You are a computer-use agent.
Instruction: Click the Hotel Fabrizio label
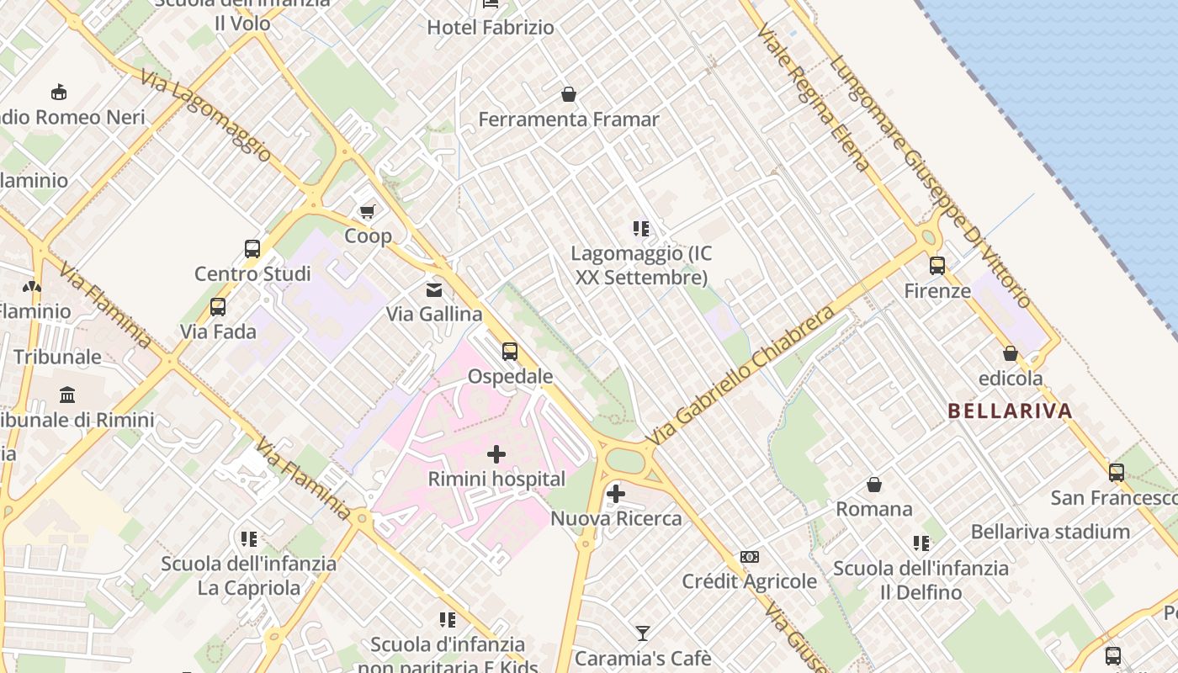click(491, 28)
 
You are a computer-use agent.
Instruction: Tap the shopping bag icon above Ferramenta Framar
click(569, 93)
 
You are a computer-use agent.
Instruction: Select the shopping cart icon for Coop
click(367, 210)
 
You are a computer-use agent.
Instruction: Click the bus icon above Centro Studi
click(252, 248)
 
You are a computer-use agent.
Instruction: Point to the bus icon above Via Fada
click(218, 307)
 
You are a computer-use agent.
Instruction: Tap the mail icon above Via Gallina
click(434, 290)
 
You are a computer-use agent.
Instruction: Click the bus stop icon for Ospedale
click(510, 351)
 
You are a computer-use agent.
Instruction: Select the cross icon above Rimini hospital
click(496, 454)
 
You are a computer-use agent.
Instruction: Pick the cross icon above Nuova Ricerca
click(616, 493)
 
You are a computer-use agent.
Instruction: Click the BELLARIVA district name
click(1010, 411)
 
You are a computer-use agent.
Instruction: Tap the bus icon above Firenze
click(937, 266)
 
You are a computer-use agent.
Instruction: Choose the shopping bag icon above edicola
click(1011, 354)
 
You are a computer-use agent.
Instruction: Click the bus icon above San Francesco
click(1117, 473)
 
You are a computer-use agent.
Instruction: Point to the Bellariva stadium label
click(1050, 532)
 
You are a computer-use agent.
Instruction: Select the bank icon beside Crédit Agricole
click(750, 557)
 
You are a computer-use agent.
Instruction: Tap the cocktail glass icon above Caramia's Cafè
click(643, 633)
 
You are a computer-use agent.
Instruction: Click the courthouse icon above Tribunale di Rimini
click(67, 395)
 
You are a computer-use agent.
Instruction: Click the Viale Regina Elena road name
click(813, 97)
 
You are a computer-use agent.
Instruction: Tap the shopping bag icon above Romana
click(874, 485)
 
